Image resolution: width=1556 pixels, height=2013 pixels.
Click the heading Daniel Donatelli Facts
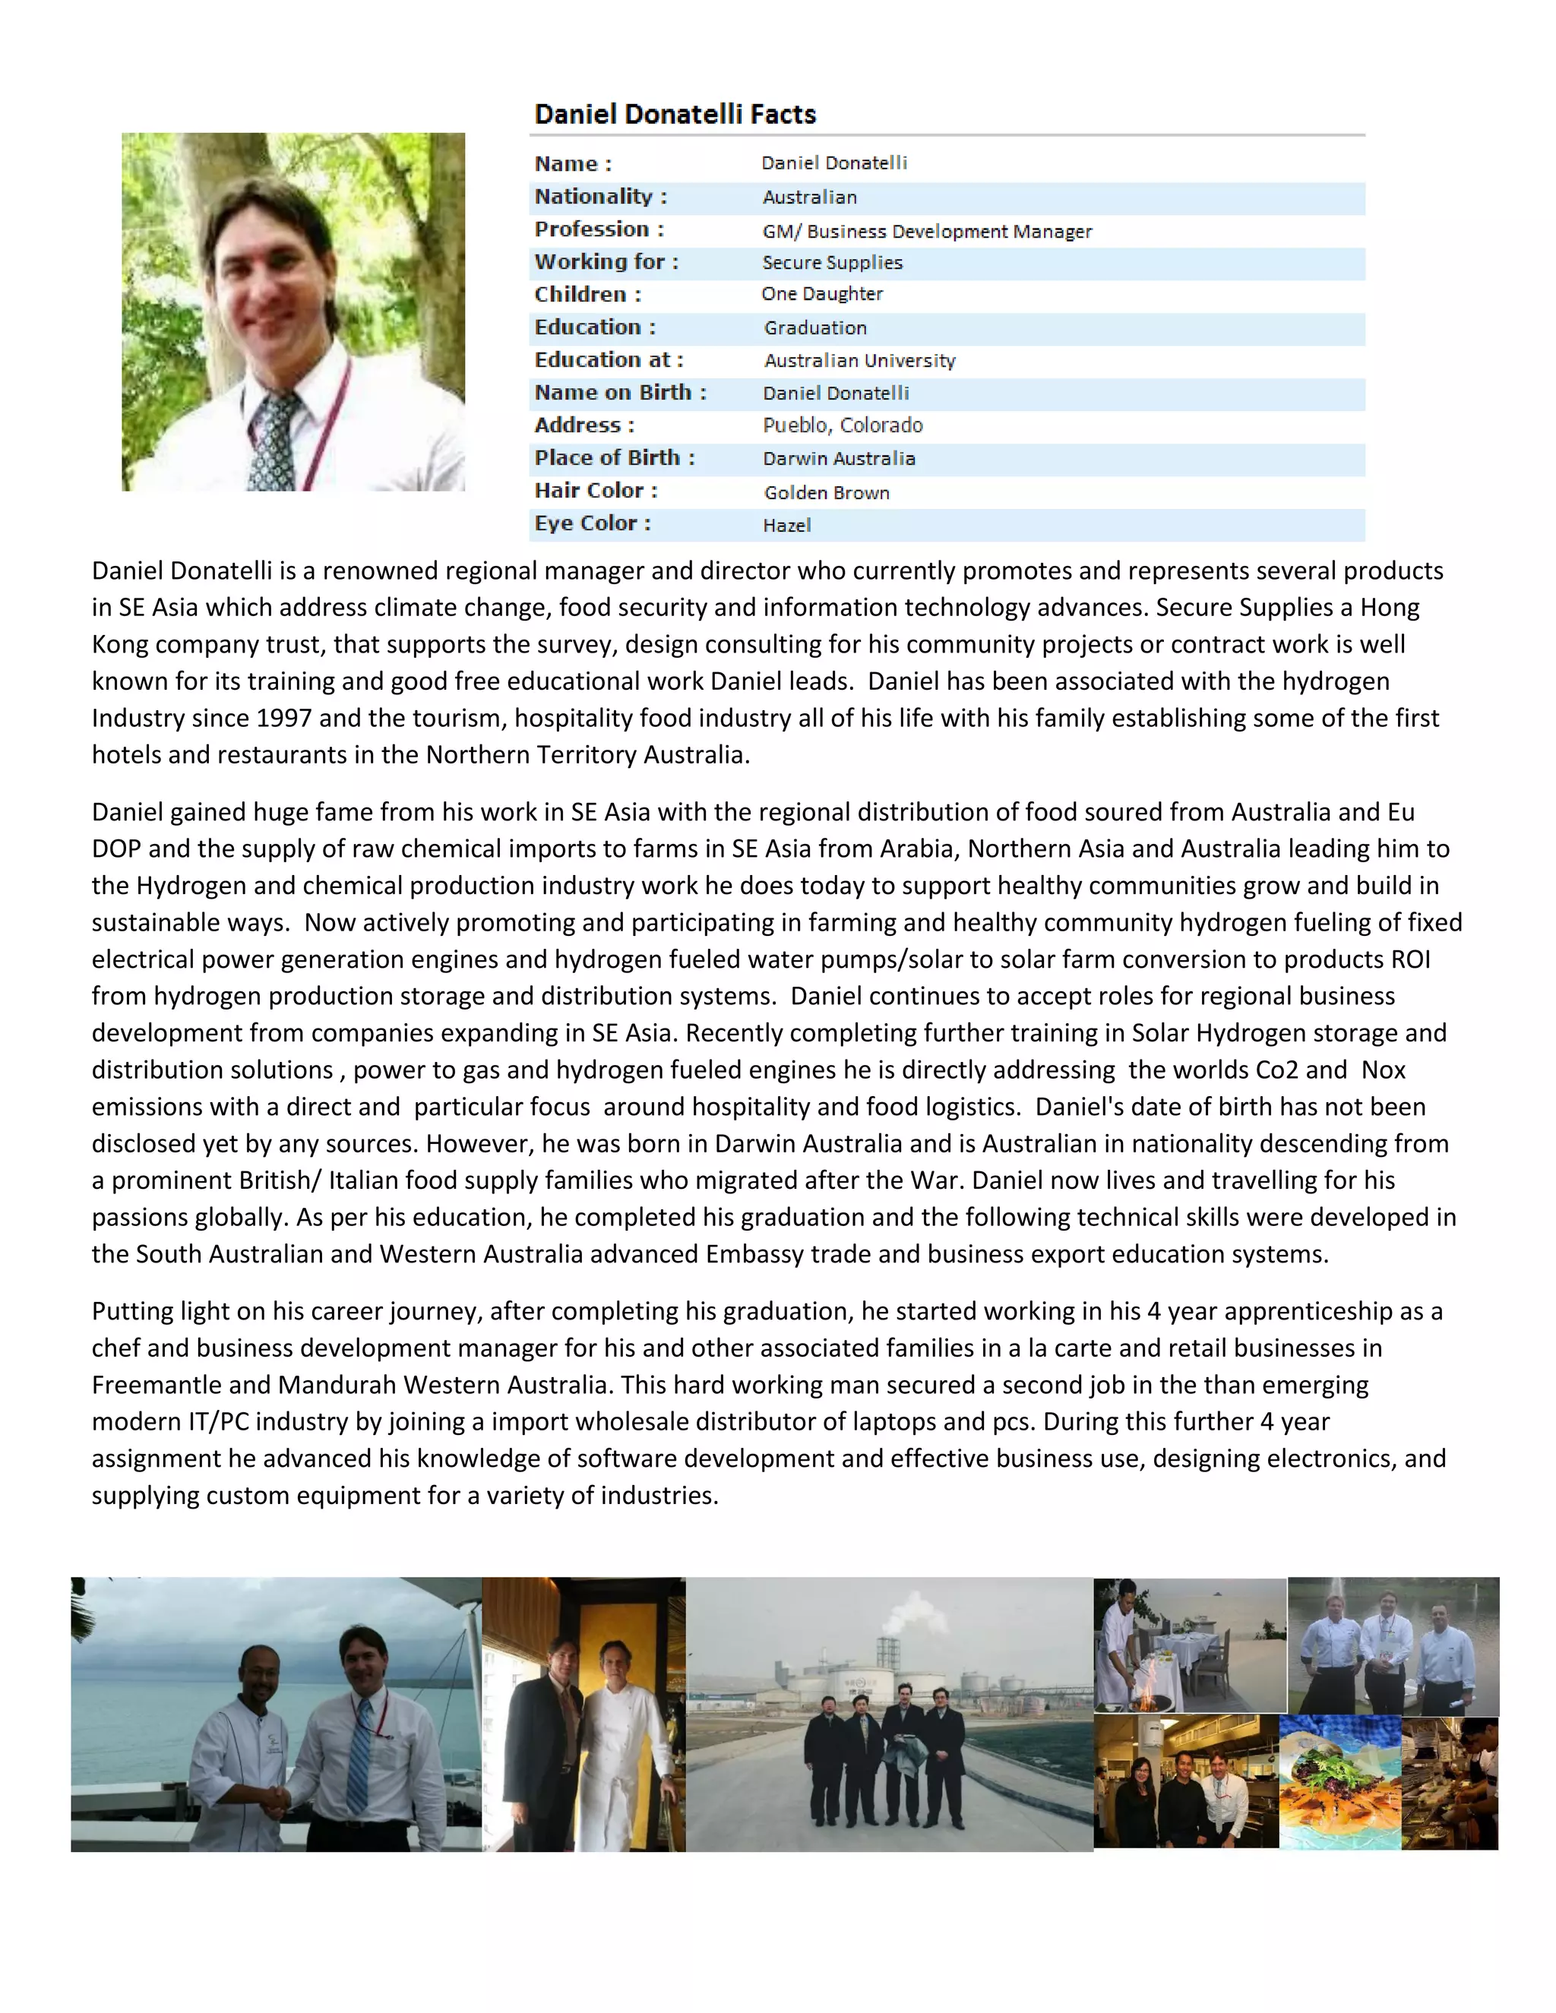pos(675,114)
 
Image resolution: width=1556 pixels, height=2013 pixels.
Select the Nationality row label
pos(600,196)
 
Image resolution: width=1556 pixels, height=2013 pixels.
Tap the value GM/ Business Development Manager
pos(926,232)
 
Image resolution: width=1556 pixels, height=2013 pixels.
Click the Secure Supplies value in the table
pos(831,263)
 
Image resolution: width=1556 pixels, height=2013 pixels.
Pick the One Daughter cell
pos(821,294)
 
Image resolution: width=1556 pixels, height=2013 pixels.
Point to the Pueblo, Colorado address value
pos(843,425)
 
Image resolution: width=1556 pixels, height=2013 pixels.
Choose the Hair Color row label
pos(596,491)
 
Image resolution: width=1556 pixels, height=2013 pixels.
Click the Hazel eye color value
pos(786,526)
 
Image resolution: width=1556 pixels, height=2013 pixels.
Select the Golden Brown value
pos(826,493)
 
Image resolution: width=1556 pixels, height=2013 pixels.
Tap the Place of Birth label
pos(614,458)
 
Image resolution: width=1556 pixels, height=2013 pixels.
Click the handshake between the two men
pos(273,1798)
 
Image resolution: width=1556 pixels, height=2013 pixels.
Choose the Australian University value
pos(859,360)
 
